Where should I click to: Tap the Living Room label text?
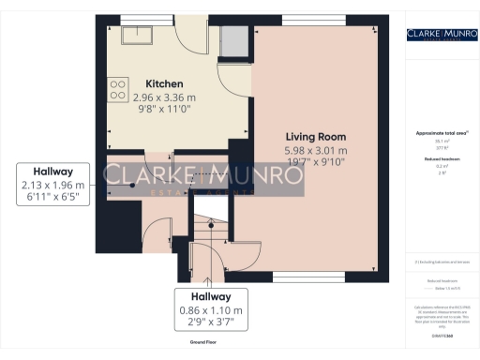point(316,137)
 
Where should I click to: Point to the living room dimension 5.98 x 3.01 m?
point(316,150)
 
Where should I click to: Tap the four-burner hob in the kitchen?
point(119,88)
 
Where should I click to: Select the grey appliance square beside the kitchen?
point(231,42)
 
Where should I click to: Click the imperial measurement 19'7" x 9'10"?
point(316,162)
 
